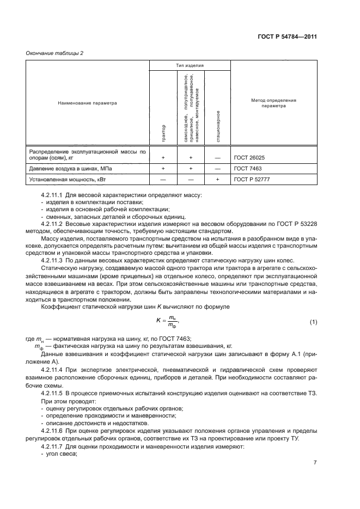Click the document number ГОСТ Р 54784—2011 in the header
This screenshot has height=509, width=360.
coord(287,37)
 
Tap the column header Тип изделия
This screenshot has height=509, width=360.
coord(190,65)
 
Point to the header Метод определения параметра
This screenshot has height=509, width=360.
coord(273,103)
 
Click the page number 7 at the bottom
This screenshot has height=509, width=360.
coord(315,463)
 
